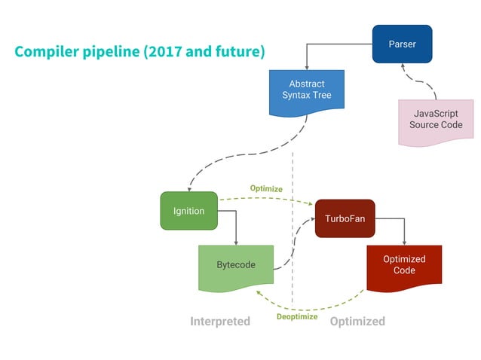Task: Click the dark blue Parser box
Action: point(402,44)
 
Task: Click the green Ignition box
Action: point(188,211)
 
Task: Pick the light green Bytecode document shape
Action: point(236,265)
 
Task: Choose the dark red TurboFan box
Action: point(345,218)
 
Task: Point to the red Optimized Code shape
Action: point(404,265)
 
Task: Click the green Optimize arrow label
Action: point(266,188)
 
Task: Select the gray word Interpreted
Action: point(219,322)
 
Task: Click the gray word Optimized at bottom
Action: point(357,322)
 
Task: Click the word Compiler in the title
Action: point(47,52)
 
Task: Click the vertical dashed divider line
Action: point(293,226)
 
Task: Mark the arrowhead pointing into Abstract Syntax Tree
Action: point(307,67)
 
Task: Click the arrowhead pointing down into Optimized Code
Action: point(405,242)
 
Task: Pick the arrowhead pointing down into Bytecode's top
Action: point(237,242)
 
